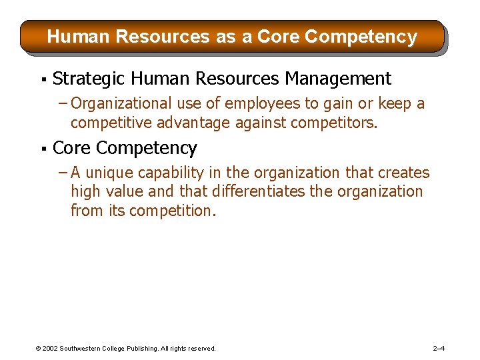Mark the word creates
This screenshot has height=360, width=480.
tap(404, 173)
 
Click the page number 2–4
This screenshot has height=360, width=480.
tap(439, 349)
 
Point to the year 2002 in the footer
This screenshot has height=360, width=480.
tap(50, 349)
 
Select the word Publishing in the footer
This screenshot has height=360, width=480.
tap(137, 349)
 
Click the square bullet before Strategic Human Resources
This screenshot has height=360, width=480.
tap(43, 80)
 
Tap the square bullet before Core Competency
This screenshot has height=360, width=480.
tap(43, 149)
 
